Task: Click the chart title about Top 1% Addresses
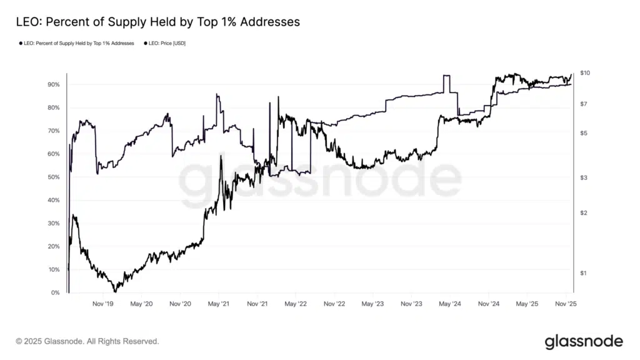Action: point(158,22)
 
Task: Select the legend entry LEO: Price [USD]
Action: point(166,43)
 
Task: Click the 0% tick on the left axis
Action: point(55,292)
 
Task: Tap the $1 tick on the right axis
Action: point(583,273)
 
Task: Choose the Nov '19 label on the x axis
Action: point(103,304)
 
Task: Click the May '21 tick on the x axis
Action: point(218,304)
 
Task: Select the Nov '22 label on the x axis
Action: point(334,304)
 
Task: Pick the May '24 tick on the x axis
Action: point(449,304)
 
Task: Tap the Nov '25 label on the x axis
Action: point(565,304)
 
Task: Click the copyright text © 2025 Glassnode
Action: point(87,342)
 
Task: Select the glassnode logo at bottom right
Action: point(583,341)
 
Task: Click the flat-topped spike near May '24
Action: point(446,76)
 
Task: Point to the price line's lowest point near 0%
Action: point(115,291)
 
